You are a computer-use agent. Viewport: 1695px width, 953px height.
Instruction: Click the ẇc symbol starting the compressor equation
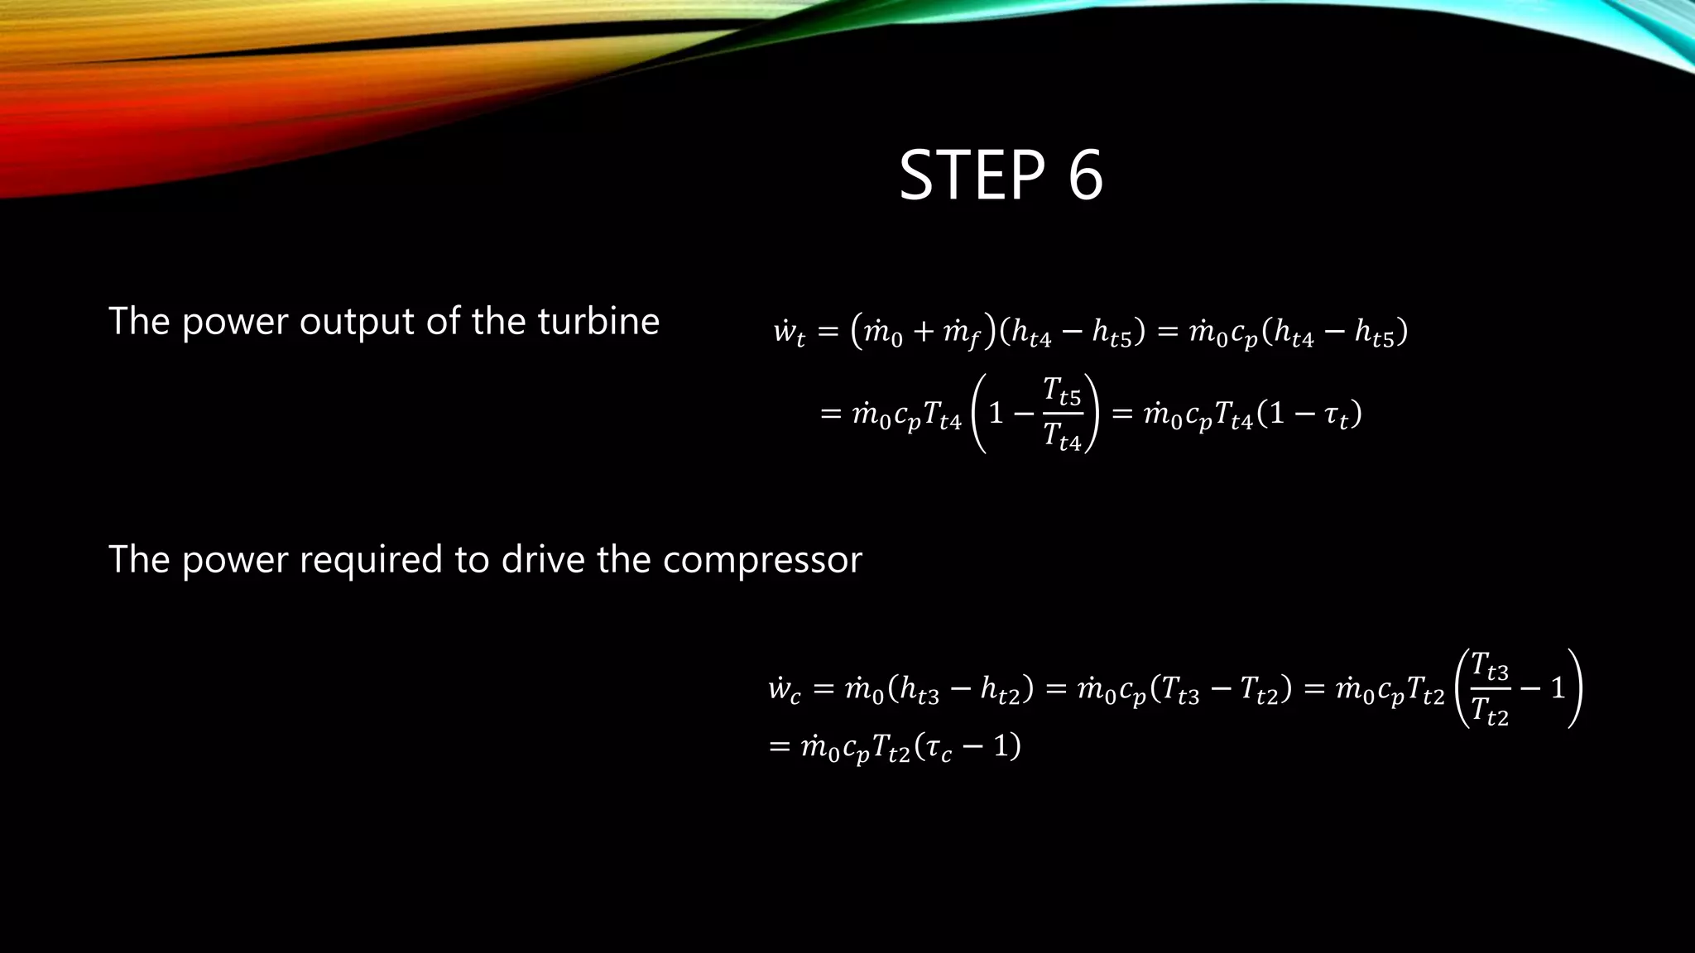(784, 689)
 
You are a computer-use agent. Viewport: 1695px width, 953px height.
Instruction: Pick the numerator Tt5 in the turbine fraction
(1062, 391)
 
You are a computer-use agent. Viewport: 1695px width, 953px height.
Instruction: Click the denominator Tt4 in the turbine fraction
(1062, 436)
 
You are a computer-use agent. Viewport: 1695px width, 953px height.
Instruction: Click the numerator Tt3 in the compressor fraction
(1490, 666)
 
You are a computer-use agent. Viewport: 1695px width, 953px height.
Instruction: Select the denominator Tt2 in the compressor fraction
(1490, 711)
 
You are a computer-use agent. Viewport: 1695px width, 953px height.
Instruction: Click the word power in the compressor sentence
(235, 561)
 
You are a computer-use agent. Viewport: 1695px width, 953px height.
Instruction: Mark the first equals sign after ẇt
(828, 333)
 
